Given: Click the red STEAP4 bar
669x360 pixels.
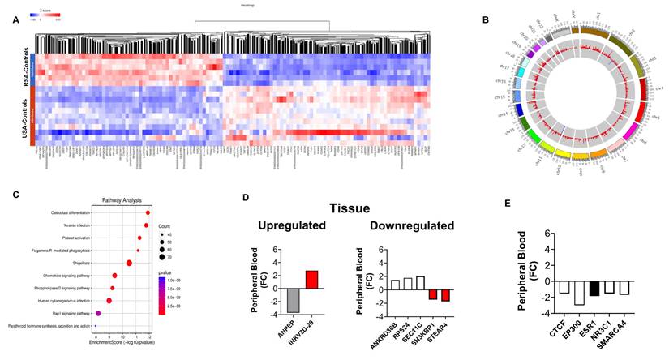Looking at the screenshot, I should point(445,295).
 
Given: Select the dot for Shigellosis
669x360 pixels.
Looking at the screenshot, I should point(129,263).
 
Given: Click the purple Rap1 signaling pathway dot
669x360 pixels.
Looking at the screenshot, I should point(98,312).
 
